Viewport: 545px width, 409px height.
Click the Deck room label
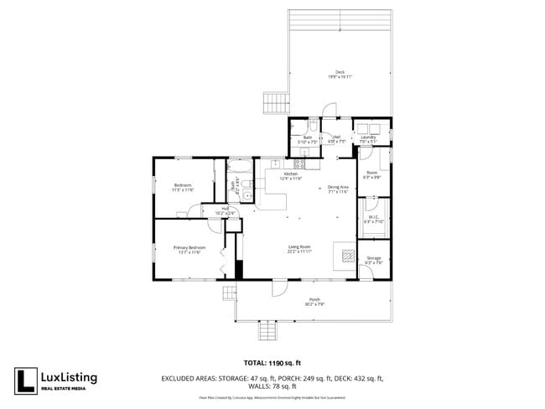[340, 73]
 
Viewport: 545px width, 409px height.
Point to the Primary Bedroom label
[189, 249]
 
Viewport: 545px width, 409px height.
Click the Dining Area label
[338, 188]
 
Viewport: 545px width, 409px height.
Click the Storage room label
[373, 259]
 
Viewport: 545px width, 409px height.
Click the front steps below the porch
[267, 331]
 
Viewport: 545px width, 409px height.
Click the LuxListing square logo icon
[25, 381]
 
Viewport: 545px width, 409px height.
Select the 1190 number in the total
[278, 364]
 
